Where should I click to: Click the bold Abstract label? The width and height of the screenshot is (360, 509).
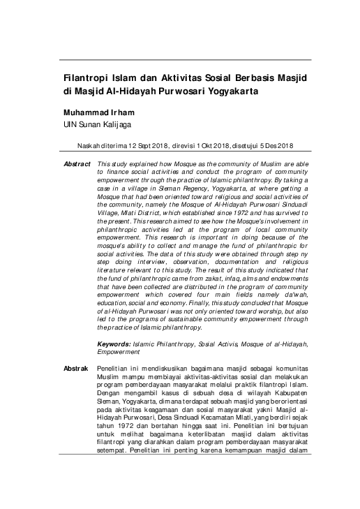[77, 163]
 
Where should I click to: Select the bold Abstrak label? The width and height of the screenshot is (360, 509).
[76, 367]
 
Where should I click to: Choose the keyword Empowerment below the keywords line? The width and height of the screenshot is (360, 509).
[119, 352]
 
